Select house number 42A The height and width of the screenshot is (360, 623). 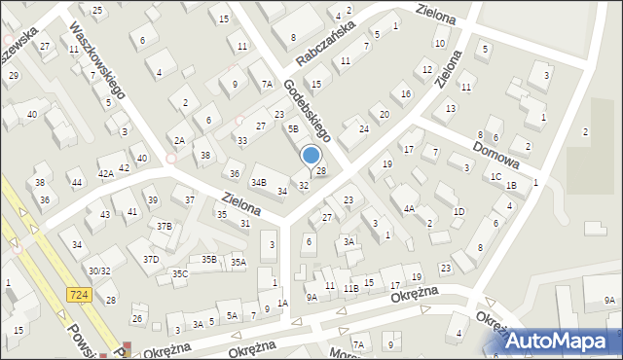105,173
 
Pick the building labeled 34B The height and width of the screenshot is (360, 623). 259,182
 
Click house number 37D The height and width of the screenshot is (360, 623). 151,259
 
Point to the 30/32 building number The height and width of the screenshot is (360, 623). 99,270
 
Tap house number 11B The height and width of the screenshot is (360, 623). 350,288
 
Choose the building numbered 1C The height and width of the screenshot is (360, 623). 496,176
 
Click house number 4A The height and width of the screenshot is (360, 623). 410,208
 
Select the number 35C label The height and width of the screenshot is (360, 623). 179,274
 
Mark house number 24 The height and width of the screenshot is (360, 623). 364,128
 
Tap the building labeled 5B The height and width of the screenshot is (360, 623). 293,127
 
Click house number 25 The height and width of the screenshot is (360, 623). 97,10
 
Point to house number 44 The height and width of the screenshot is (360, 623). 76,182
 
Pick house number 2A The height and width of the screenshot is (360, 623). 179,140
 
